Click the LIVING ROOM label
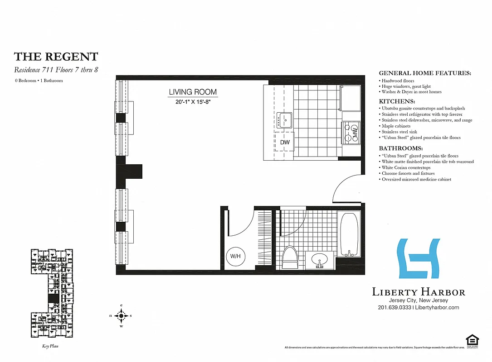pyautogui.click(x=193, y=92)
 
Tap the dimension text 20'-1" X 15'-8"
pyautogui.click(x=193, y=103)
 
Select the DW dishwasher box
pyautogui.click(x=285, y=142)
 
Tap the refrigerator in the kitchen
pyautogui.click(x=351, y=98)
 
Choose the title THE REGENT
pyautogui.click(x=56, y=57)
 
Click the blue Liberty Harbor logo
pyautogui.click(x=418, y=258)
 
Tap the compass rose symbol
pyautogui.click(x=121, y=315)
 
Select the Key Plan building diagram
pyautogui.click(x=51, y=293)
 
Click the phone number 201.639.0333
pyautogui.click(x=394, y=308)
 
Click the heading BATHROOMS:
pyautogui.click(x=400, y=148)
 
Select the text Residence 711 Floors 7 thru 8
pyautogui.click(x=56, y=70)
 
